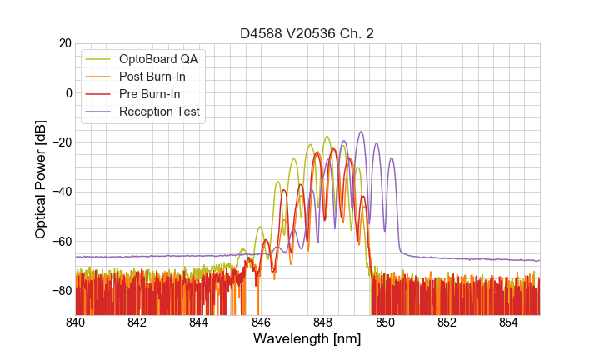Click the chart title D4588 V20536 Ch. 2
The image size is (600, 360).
coord(307,34)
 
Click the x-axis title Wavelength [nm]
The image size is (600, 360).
coord(307,339)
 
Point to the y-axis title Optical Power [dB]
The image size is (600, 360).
coord(41,179)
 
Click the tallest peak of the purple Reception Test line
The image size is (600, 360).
coord(361,132)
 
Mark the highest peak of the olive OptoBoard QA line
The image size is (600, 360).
coord(327,137)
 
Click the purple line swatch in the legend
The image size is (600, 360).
coord(99,112)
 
